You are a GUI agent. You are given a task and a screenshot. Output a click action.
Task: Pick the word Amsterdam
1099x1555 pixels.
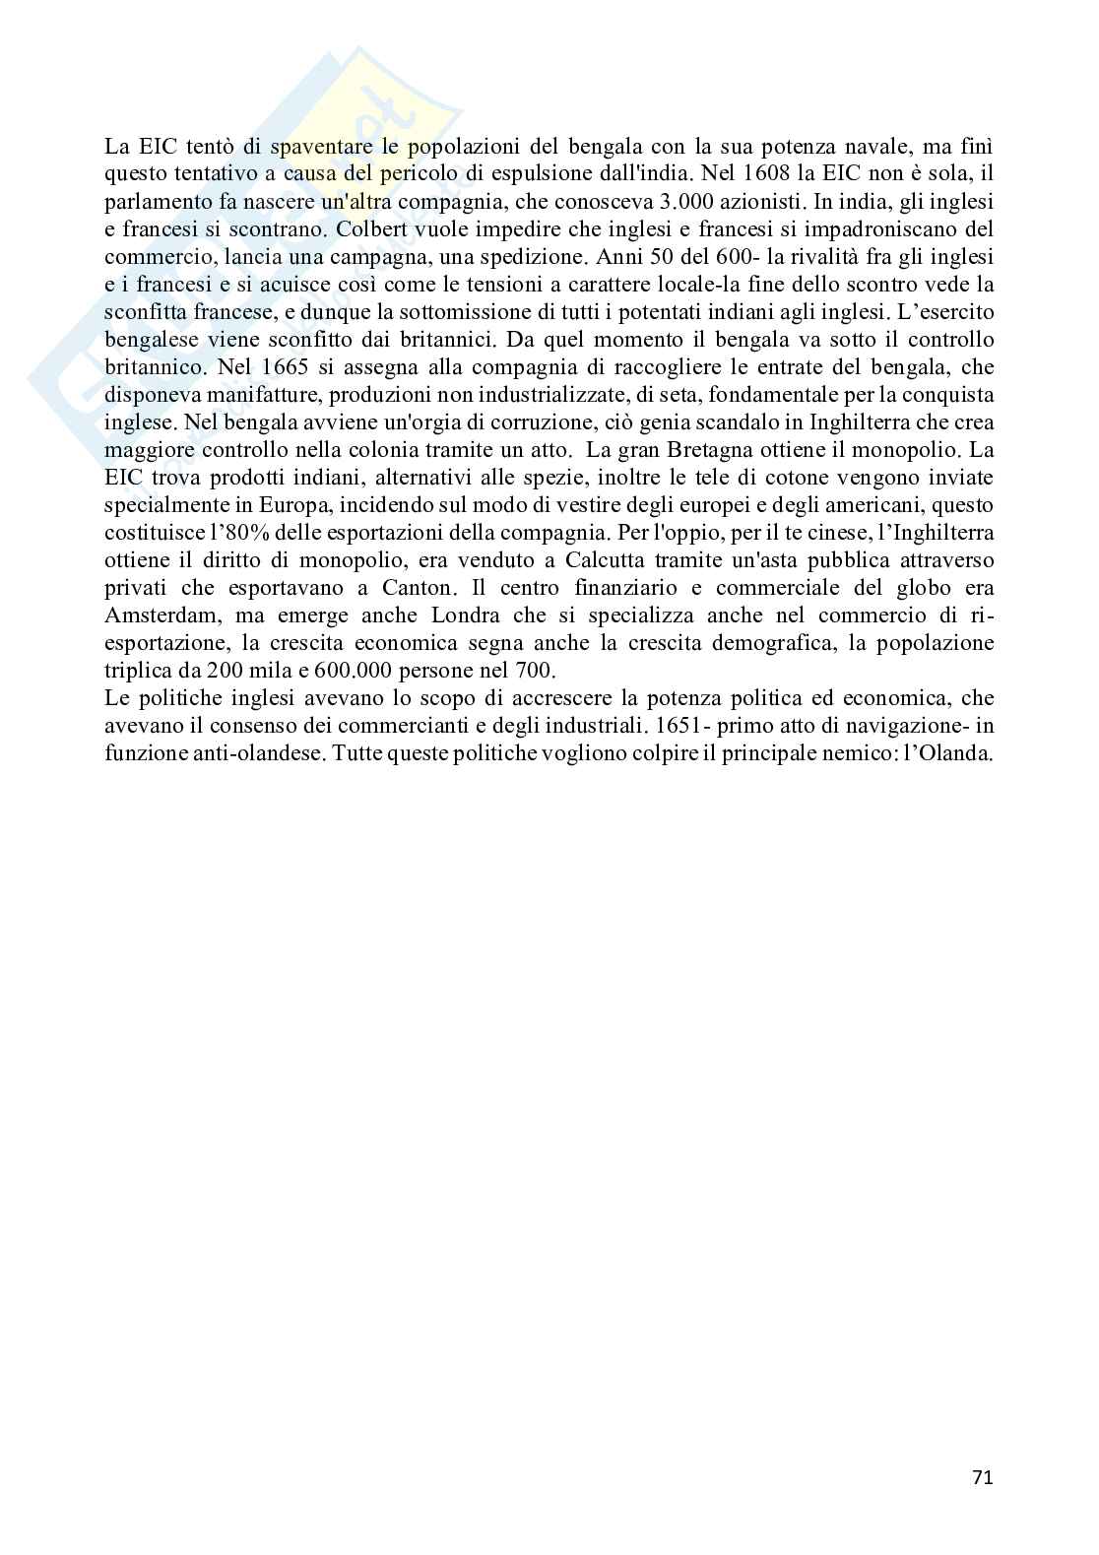(157, 616)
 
